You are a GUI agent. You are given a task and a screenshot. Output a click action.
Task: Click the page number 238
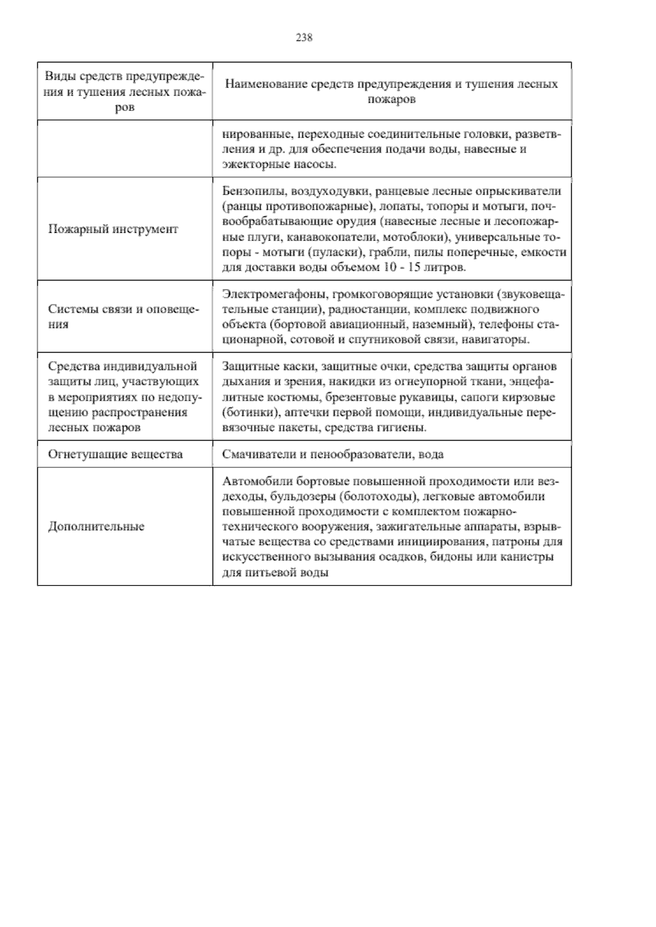(x=304, y=38)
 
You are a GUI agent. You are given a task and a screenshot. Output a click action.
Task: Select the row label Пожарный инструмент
(x=113, y=229)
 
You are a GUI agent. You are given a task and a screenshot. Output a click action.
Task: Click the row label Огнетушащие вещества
(x=115, y=454)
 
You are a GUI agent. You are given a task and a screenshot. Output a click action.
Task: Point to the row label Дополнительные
(x=96, y=527)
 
